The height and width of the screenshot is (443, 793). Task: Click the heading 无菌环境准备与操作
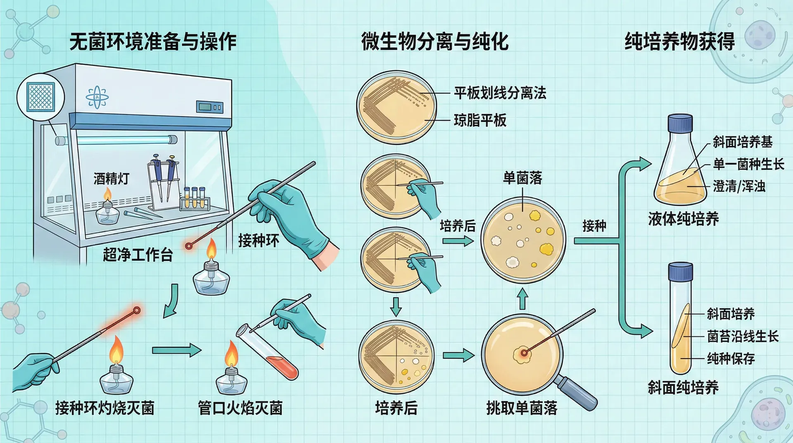point(153,42)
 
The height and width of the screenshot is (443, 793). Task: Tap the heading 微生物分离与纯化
point(434,42)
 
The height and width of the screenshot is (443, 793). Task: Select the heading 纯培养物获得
point(679,42)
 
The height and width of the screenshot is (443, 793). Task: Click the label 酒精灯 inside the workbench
point(112,179)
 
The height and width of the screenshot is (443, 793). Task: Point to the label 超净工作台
point(138,255)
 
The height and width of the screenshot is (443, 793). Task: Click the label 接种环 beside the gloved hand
point(259,240)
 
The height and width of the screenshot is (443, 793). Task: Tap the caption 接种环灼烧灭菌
point(105,408)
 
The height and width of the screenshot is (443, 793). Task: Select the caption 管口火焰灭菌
point(240,408)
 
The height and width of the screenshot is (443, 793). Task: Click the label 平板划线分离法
point(500,93)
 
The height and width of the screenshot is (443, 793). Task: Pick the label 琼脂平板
point(480,120)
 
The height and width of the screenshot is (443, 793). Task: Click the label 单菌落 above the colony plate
point(522,178)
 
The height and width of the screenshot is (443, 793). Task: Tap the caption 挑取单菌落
point(522,408)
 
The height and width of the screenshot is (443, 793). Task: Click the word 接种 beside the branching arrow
point(594,226)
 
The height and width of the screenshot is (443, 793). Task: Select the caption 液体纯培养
point(683,219)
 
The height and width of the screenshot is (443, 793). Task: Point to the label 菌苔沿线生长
point(743,336)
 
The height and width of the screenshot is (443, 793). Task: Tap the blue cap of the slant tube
point(680,272)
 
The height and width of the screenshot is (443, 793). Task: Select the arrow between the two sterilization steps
point(176,350)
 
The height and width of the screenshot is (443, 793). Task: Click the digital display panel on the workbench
point(210,107)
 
